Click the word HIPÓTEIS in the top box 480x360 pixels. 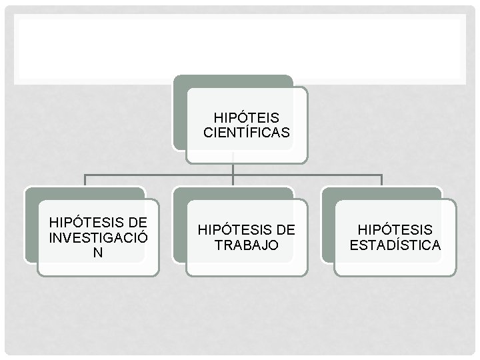point(247,118)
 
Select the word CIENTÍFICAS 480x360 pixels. point(247,133)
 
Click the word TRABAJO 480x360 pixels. point(246,245)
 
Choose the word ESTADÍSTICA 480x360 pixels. point(395,245)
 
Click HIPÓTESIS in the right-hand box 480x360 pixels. point(395,230)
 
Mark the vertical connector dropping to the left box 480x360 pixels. point(85,180)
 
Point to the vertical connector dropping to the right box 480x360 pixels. point(381,180)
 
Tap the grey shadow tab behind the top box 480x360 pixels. point(179,113)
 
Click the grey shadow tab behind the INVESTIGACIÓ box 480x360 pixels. point(30,227)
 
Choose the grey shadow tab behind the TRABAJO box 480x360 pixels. point(179,227)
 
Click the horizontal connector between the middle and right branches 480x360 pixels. point(307,175)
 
